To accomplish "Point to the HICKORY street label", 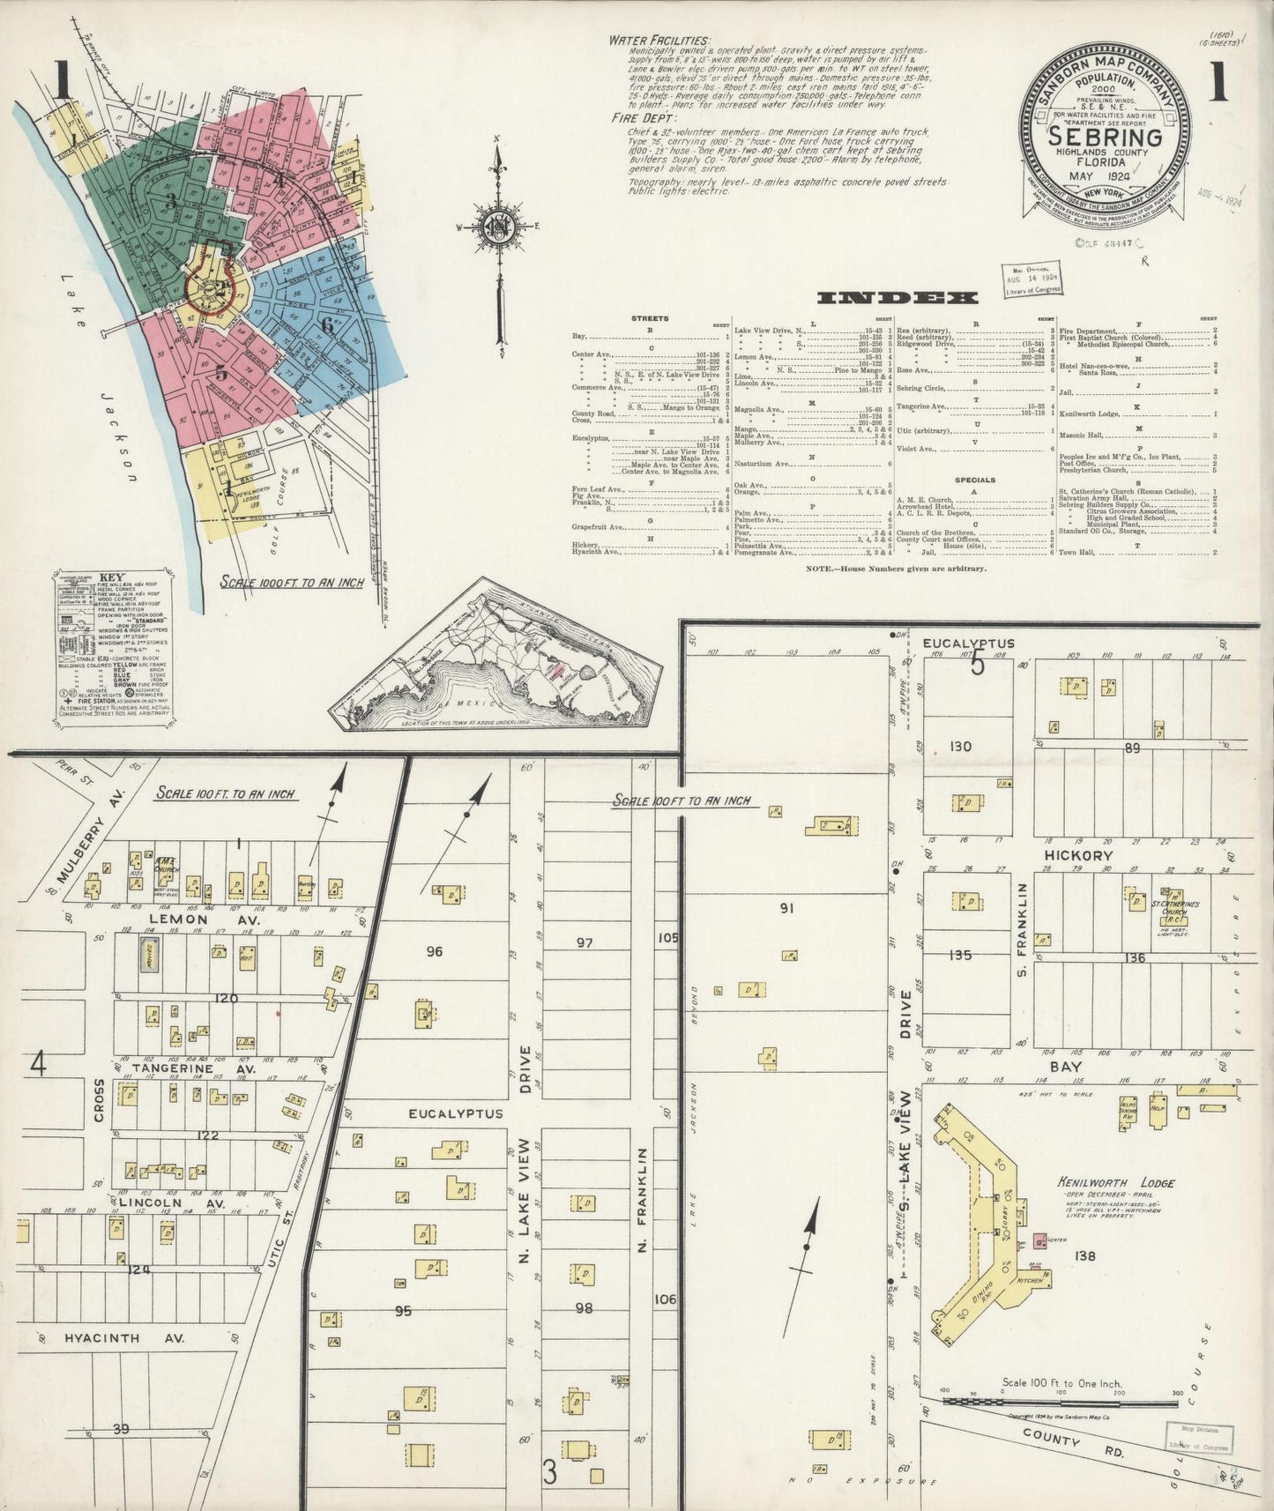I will click(1077, 855).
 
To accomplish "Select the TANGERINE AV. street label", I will click(193, 1068).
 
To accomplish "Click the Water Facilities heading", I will click(658, 41).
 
